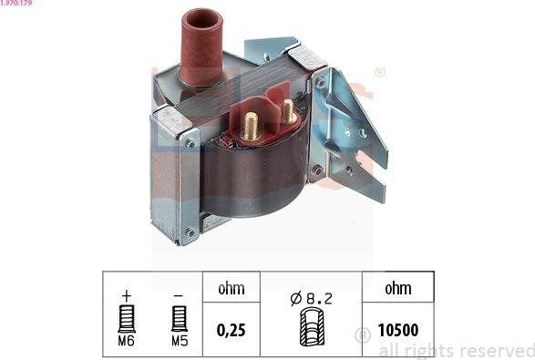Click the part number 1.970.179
[x=16, y=3]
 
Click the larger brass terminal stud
[x=250, y=127]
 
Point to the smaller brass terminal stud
[x=289, y=111]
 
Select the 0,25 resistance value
[x=231, y=330]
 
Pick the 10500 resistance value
[x=398, y=330]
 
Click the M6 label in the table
[x=127, y=341]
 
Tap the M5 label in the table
[x=180, y=341]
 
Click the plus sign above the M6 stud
[x=127, y=295]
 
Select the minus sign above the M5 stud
[x=178, y=295]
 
